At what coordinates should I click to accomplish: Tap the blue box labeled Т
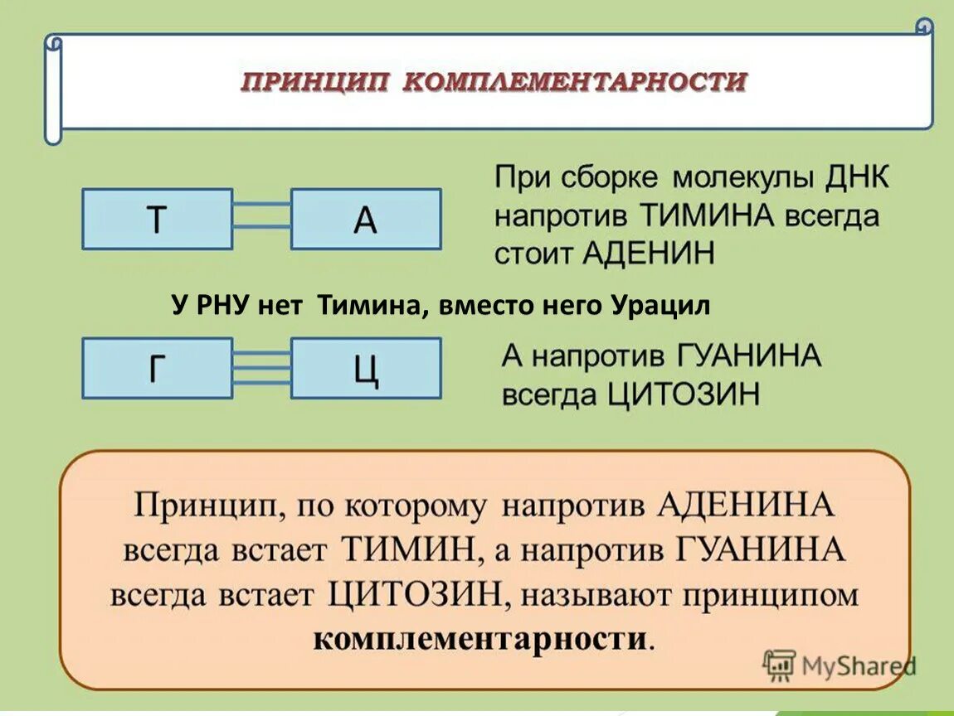(157, 219)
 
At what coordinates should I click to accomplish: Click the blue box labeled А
(366, 219)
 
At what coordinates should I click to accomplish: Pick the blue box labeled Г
(157, 368)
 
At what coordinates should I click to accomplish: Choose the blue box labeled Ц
(366, 368)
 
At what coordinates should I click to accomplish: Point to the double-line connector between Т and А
(261, 215)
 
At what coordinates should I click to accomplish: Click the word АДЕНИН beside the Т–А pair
(649, 253)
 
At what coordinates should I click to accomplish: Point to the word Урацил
(661, 306)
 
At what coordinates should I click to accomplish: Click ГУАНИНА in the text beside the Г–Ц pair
(749, 357)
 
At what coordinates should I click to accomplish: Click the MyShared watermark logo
(840, 665)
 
